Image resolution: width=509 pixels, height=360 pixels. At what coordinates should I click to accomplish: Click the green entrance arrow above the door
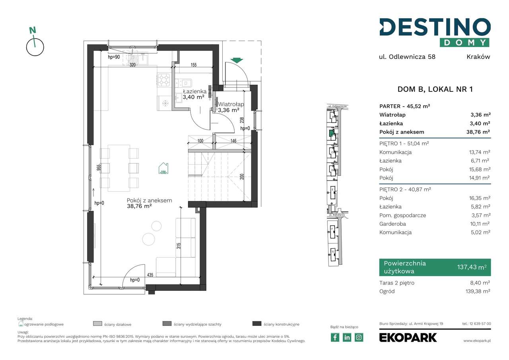click(x=237, y=60)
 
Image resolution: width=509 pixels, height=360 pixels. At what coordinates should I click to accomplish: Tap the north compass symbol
click(x=35, y=43)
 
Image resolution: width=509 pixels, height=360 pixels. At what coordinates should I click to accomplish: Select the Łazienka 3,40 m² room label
click(x=191, y=94)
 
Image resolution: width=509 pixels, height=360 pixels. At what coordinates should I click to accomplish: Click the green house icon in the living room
click(x=164, y=168)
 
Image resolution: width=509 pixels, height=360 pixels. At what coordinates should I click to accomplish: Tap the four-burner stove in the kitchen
click(x=164, y=80)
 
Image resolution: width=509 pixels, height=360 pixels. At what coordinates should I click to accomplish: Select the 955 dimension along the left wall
click(x=98, y=167)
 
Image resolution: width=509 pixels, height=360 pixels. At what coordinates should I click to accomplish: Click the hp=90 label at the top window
click(x=114, y=57)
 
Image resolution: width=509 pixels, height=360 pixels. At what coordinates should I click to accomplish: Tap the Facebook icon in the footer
click(x=335, y=337)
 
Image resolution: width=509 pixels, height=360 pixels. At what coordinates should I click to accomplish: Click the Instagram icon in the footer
click(x=359, y=337)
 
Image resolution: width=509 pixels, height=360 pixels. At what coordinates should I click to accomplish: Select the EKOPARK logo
click(x=408, y=337)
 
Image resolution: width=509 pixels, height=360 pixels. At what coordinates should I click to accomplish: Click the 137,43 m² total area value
click(x=472, y=268)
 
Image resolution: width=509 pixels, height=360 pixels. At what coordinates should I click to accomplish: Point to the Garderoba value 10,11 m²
click(x=480, y=224)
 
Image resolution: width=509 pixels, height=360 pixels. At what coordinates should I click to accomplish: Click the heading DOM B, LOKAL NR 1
click(x=435, y=90)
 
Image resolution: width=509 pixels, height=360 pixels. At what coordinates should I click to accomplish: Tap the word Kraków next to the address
click(x=478, y=56)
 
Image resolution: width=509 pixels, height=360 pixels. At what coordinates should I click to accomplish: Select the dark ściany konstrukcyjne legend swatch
click(x=257, y=324)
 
